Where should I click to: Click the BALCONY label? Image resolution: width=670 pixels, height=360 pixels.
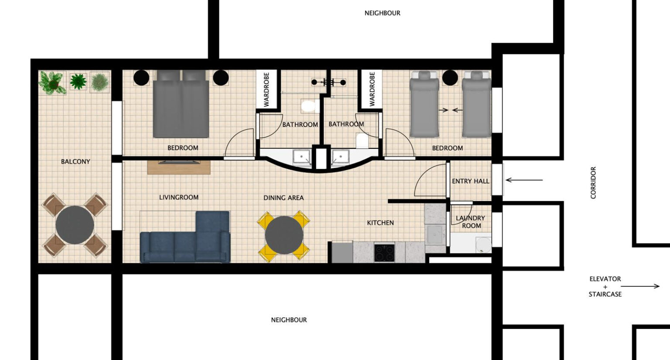[75, 161]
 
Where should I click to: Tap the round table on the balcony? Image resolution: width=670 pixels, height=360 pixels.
[75, 225]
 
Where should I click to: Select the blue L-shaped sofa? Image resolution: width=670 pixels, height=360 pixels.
[185, 237]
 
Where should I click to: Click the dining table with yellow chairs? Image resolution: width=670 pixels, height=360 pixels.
[284, 235]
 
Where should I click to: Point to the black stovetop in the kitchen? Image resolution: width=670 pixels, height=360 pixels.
[384, 253]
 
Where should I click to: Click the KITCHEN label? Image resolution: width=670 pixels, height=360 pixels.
[380, 223]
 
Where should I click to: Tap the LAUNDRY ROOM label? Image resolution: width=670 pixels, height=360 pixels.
[471, 222]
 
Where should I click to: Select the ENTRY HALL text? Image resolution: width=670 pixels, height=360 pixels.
[471, 181]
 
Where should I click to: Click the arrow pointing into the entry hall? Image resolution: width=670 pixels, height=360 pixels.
[524, 180]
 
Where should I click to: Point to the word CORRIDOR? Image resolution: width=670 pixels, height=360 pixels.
[593, 183]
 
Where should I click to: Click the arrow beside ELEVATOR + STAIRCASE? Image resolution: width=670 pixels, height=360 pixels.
[640, 286]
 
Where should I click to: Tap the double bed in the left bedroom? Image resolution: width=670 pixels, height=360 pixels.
[181, 104]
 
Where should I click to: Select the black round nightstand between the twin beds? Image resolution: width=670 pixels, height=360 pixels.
[450, 78]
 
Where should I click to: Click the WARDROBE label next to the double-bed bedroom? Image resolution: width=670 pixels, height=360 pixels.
[267, 89]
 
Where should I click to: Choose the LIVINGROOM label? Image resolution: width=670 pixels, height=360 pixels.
[179, 198]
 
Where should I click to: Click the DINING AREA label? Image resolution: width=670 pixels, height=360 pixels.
[284, 198]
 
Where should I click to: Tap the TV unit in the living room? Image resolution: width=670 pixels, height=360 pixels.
[179, 167]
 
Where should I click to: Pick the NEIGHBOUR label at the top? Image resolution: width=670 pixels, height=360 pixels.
[382, 13]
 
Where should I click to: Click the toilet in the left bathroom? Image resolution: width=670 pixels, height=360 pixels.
[308, 106]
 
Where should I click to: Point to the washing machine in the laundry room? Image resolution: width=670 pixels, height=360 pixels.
[483, 245]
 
